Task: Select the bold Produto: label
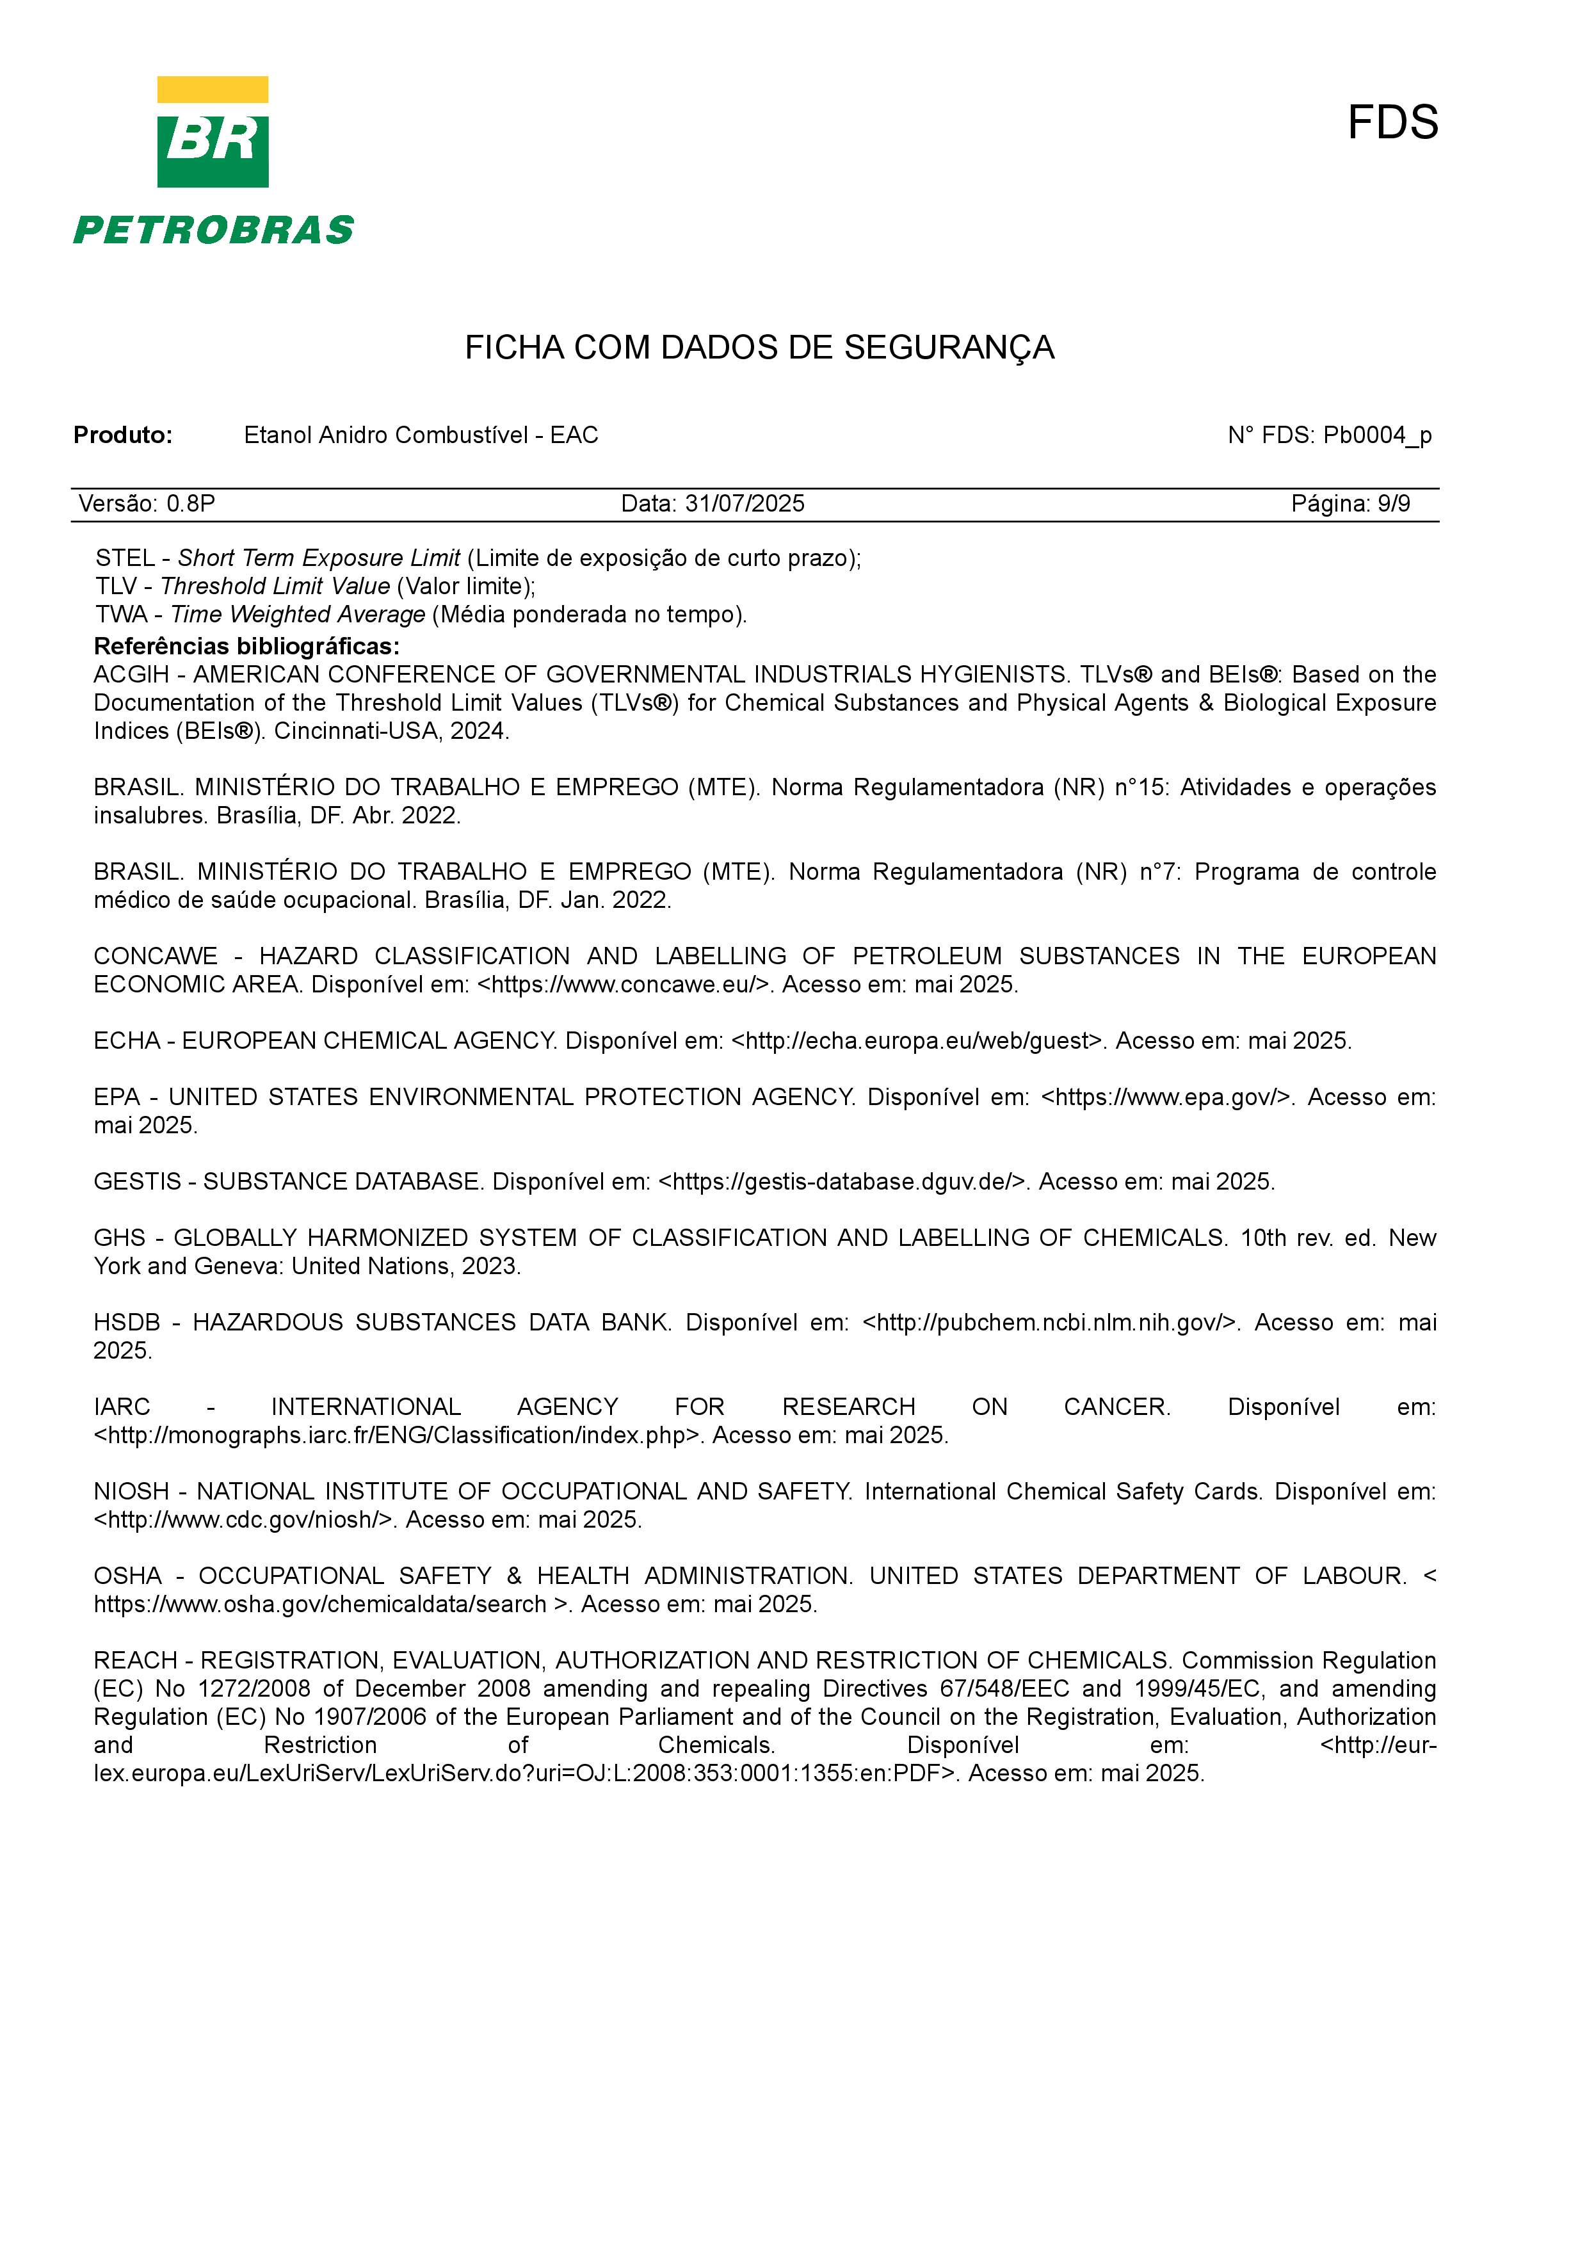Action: (x=123, y=435)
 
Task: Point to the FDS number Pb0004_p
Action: (x=1377, y=435)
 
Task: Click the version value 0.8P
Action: (x=191, y=504)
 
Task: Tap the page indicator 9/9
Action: (x=1394, y=504)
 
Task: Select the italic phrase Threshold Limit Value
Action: (x=275, y=587)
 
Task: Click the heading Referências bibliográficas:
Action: (x=246, y=647)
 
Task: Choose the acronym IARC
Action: (x=122, y=1408)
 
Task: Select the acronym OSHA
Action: (x=127, y=1577)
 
